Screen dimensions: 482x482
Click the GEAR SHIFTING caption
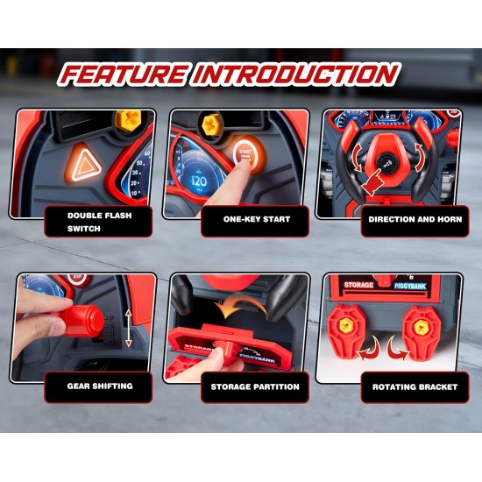coord(100,386)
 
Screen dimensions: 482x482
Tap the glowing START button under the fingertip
coord(246,154)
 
